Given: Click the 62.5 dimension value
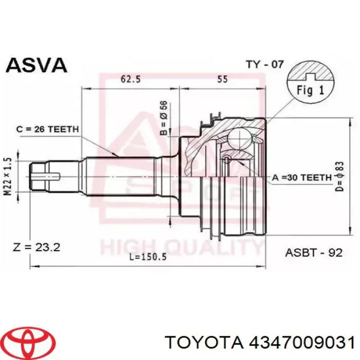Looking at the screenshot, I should coord(130,80).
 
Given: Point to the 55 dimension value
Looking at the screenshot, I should coord(222,80).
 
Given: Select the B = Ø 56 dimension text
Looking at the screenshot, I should coord(163,118).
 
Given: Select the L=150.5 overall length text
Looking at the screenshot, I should coord(147,257).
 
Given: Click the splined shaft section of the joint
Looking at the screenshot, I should coord(123,175).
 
